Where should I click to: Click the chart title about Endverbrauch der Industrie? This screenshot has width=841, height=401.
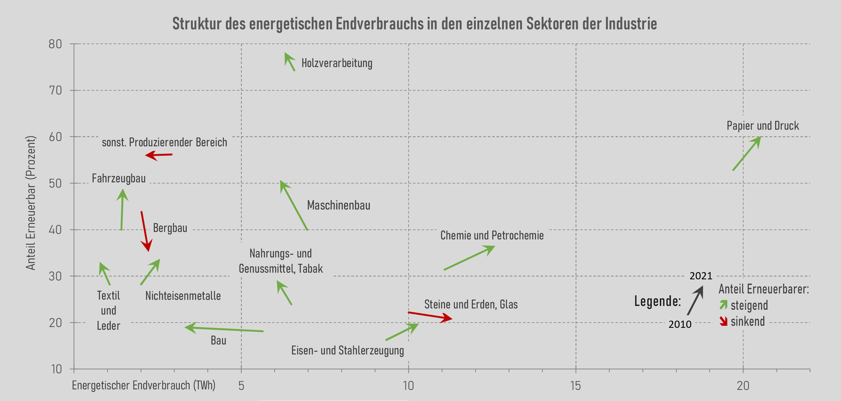tap(415, 23)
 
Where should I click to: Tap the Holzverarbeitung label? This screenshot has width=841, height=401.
tap(337, 63)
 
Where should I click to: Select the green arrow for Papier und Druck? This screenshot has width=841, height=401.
tap(747, 154)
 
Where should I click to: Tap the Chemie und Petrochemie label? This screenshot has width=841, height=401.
tap(492, 235)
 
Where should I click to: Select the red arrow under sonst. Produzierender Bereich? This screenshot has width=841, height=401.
tap(159, 155)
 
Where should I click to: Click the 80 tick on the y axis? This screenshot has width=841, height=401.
tap(55, 44)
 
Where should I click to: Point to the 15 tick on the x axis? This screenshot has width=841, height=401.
tap(576, 386)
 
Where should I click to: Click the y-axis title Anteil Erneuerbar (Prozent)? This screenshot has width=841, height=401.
tap(31, 203)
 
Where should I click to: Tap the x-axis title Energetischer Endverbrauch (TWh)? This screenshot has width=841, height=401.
tap(144, 385)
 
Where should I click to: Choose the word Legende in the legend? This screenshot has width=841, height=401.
tap(657, 301)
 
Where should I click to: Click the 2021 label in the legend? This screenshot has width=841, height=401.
tap(701, 276)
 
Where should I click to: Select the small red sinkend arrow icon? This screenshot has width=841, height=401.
tap(724, 321)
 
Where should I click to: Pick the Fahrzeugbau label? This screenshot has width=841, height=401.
tap(119, 178)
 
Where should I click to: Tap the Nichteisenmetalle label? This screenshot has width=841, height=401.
tap(183, 296)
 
